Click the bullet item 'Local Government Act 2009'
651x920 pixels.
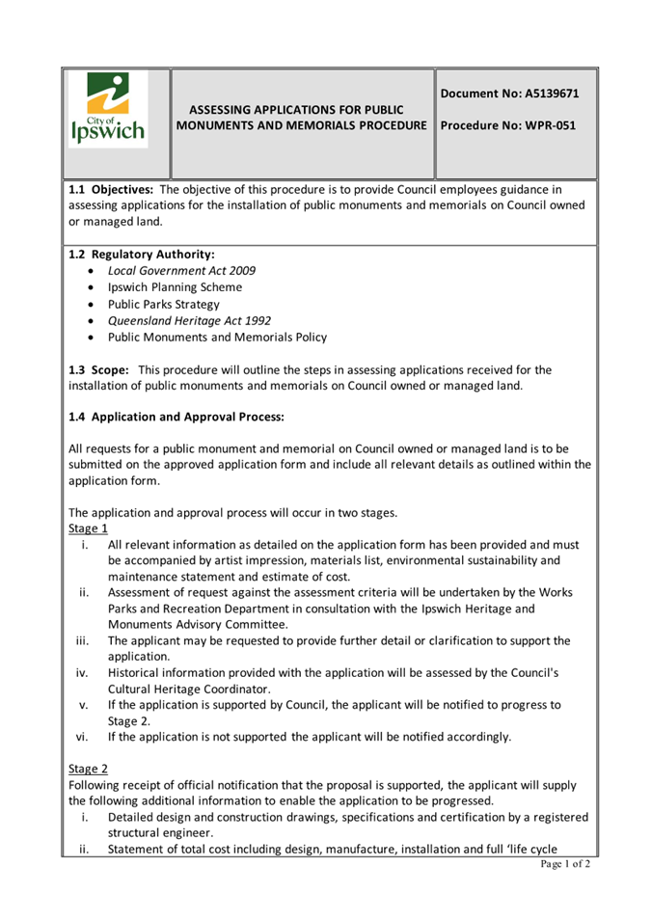[x=181, y=271]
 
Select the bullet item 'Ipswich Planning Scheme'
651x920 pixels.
[x=175, y=287]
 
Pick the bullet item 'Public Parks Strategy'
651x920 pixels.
[x=163, y=304]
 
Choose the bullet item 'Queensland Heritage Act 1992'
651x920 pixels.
[x=189, y=320]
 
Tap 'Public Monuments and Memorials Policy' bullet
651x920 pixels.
[x=217, y=338]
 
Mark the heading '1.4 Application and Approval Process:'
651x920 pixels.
[x=176, y=419]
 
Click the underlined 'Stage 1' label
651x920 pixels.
[x=88, y=528]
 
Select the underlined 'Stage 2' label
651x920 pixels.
[x=88, y=769]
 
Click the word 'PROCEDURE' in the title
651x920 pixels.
[x=384, y=126]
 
